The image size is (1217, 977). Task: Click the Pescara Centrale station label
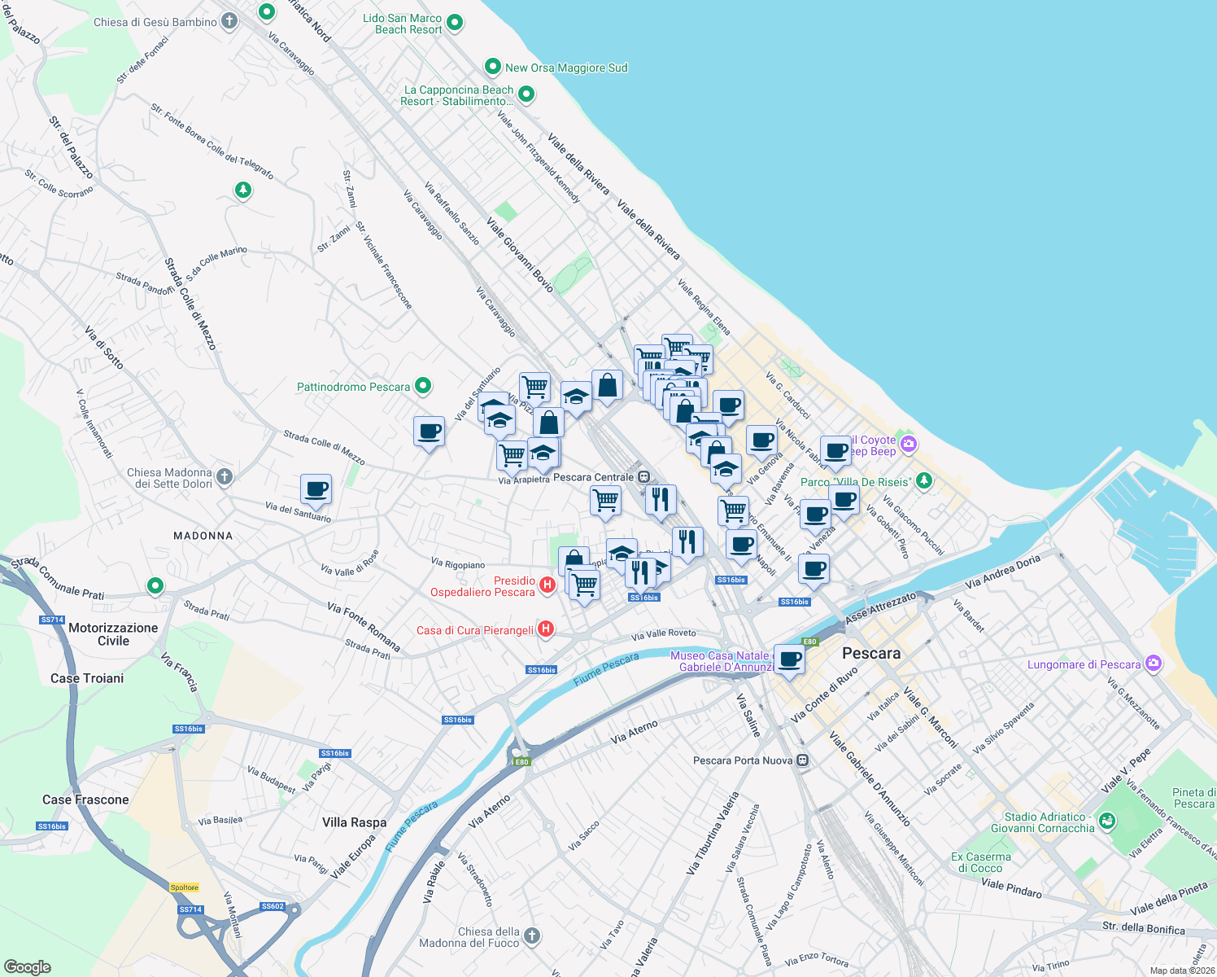pyautogui.click(x=593, y=477)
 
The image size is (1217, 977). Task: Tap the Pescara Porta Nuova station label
pyautogui.click(x=742, y=760)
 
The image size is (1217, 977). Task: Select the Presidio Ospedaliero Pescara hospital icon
pyautogui.click(x=547, y=585)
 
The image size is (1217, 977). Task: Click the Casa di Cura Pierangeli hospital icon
pyautogui.click(x=546, y=629)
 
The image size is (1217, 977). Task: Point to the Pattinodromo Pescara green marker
pyautogui.click(x=422, y=386)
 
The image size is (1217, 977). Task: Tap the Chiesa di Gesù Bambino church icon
pyautogui.click(x=229, y=21)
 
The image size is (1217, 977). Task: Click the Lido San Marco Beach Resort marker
pyautogui.click(x=455, y=23)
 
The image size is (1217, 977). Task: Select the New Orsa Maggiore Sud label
pyautogui.click(x=566, y=68)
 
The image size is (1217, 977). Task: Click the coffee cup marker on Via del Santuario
pyautogui.click(x=316, y=490)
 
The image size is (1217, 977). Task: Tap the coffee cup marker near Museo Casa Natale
pyautogui.click(x=788, y=659)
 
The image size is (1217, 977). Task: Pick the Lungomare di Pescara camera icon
pyautogui.click(x=1153, y=664)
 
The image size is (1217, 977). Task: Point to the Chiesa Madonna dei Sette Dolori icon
pyautogui.click(x=225, y=476)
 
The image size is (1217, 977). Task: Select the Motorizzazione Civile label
pyautogui.click(x=113, y=634)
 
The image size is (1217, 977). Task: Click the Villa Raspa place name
pyautogui.click(x=354, y=822)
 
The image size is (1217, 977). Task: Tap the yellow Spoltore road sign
pyautogui.click(x=185, y=887)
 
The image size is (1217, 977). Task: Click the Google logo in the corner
pyautogui.click(x=27, y=966)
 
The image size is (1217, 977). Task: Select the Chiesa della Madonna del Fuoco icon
pyautogui.click(x=531, y=935)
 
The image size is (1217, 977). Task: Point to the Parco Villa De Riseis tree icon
pyautogui.click(x=923, y=480)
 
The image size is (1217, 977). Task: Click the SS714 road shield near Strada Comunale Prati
pyautogui.click(x=51, y=620)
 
